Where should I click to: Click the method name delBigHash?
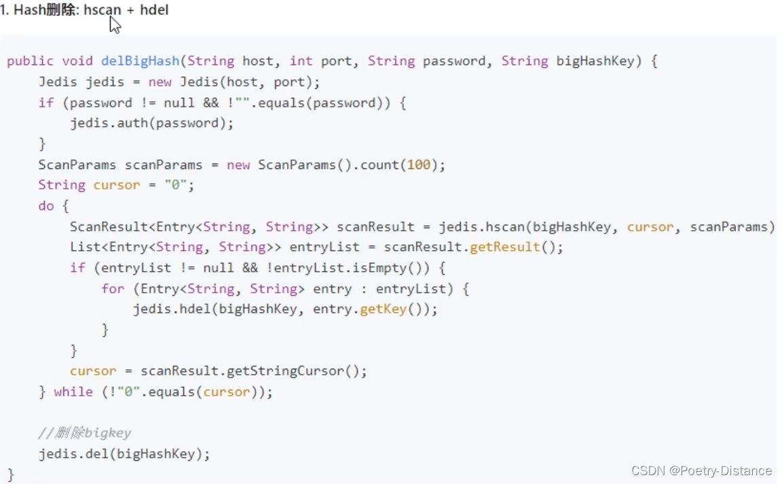[x=141, y=61]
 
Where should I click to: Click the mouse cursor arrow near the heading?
[x=115, y=25]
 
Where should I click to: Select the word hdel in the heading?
[x=154, y=10]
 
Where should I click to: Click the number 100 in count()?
[x=418, y=165]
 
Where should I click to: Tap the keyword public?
[x=30, y=61]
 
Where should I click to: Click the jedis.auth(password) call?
[x=151, y=124]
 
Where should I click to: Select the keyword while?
[x=73, y=392]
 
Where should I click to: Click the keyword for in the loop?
[x=113, y=288]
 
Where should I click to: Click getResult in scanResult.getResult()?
[x=501, y=247]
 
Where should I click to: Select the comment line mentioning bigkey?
[x=85, y=433]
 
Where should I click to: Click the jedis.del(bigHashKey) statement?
[x=124, y=454]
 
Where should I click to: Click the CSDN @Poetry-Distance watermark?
[x=701, y=470]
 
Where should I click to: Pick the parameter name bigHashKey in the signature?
[x=595, y=61]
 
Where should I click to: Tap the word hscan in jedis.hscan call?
[x=505, y=227]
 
